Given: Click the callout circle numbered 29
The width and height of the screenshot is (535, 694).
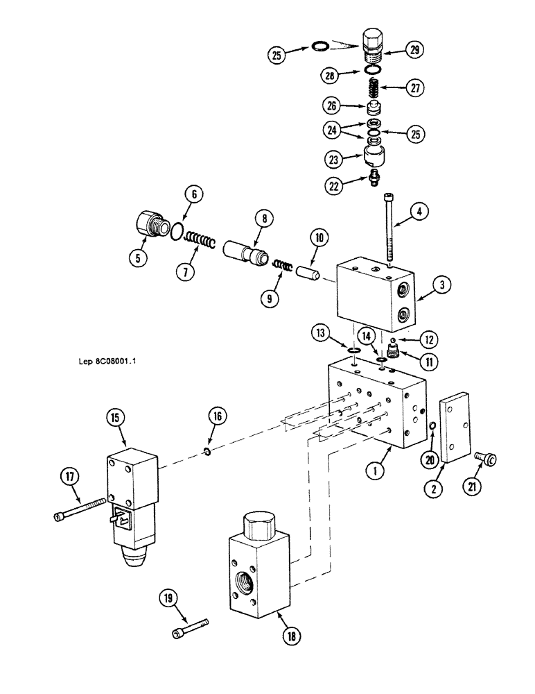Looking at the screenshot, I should point(414,50).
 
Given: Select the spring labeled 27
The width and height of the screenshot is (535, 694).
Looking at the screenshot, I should point(372,89).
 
